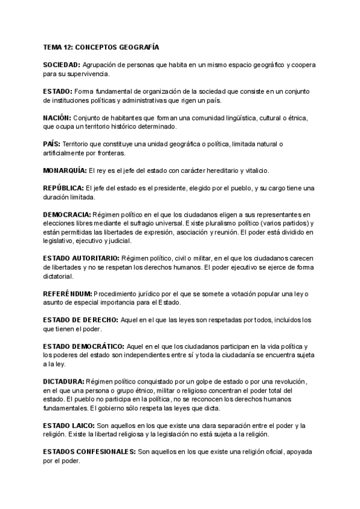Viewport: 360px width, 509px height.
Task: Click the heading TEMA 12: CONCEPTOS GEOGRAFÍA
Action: click(x=101, y=46)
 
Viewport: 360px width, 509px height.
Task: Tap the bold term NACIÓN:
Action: click(x=57, y=118)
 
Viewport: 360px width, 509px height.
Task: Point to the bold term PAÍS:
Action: click(x=52, y=144)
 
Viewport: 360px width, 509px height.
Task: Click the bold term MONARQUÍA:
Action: click(x=65, y=170)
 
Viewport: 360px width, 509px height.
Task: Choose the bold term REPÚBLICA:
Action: click(x=63, y=188)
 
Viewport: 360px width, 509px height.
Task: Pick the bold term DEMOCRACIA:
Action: click(x=67, y=215)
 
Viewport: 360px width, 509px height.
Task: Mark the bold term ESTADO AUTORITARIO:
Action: click(x=81, y=258)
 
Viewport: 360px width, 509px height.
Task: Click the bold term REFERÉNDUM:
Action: click(x=67, y=294)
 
